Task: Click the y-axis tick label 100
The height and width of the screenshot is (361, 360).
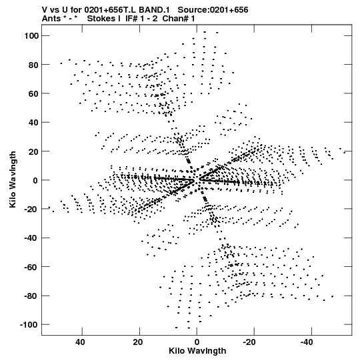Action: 31,35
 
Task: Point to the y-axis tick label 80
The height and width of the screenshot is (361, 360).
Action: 33,65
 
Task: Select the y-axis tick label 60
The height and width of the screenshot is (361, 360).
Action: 33,93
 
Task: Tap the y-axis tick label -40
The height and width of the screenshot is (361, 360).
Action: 31,238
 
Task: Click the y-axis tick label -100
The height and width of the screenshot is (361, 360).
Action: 29,324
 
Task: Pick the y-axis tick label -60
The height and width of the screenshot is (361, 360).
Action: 31,267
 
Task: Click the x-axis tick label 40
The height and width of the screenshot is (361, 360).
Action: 80,342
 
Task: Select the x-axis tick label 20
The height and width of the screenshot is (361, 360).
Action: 137,342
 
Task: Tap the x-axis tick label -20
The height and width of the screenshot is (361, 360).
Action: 249,342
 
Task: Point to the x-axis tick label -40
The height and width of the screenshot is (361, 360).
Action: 307,342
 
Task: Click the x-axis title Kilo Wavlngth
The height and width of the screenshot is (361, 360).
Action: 197,351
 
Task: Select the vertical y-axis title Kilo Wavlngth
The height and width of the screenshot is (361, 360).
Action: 13,179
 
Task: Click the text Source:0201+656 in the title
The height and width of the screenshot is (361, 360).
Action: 213,10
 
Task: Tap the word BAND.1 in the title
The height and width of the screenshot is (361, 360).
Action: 154,10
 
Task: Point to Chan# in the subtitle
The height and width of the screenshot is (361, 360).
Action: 175,19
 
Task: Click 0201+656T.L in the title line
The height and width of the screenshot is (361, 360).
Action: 110,10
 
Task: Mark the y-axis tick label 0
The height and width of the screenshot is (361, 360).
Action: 35,180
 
